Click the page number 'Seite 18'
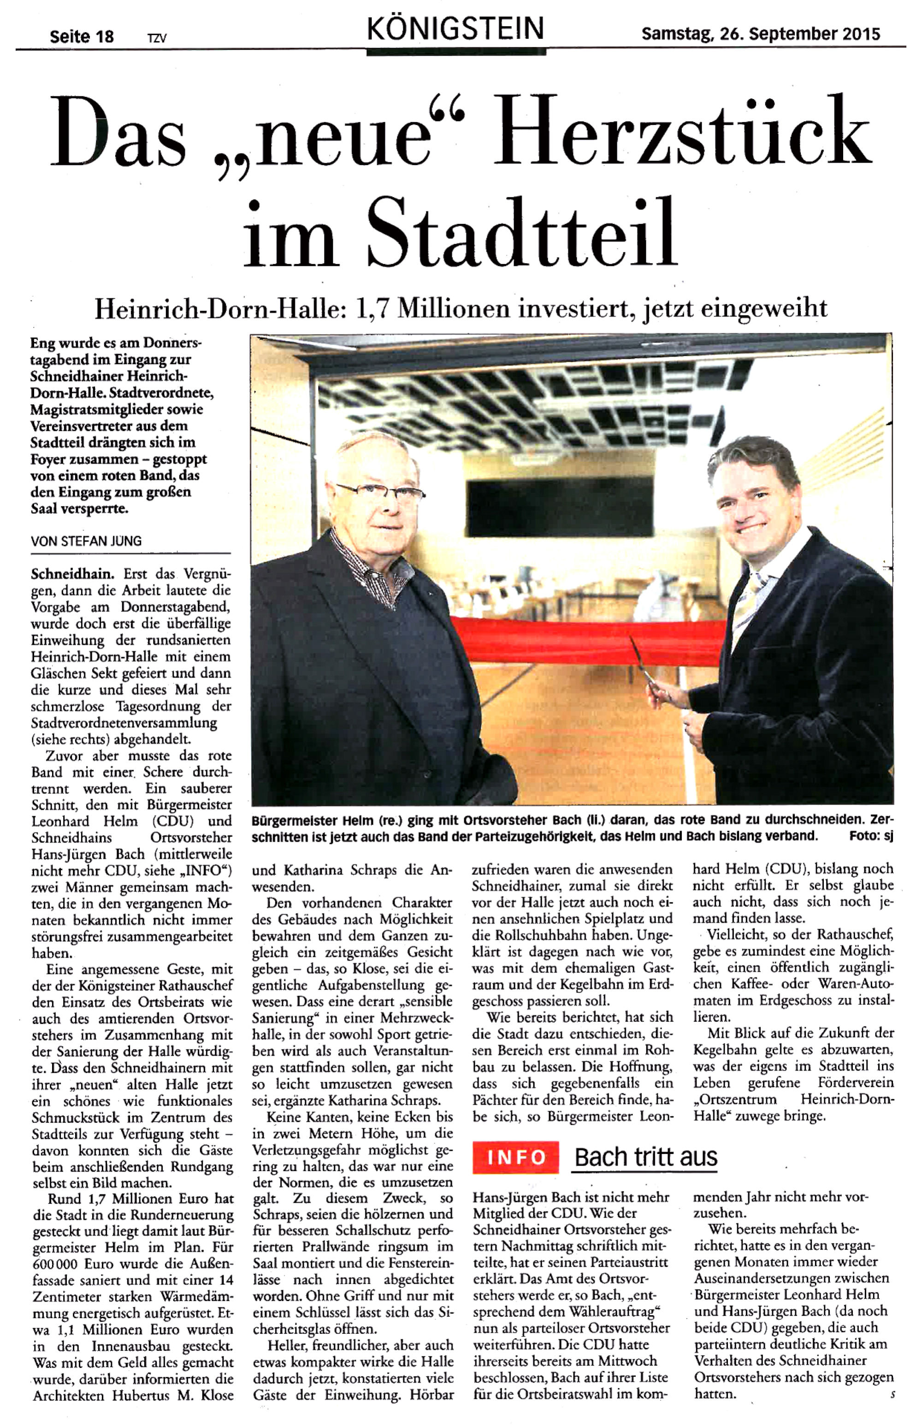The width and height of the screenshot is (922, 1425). [82, 36]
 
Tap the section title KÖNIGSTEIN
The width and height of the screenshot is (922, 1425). [455, 28]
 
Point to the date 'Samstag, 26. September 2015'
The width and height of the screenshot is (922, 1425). [760, 34]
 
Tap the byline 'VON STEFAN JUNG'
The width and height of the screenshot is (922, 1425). [86, 541]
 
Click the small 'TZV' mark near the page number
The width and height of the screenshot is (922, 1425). [157, 38]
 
